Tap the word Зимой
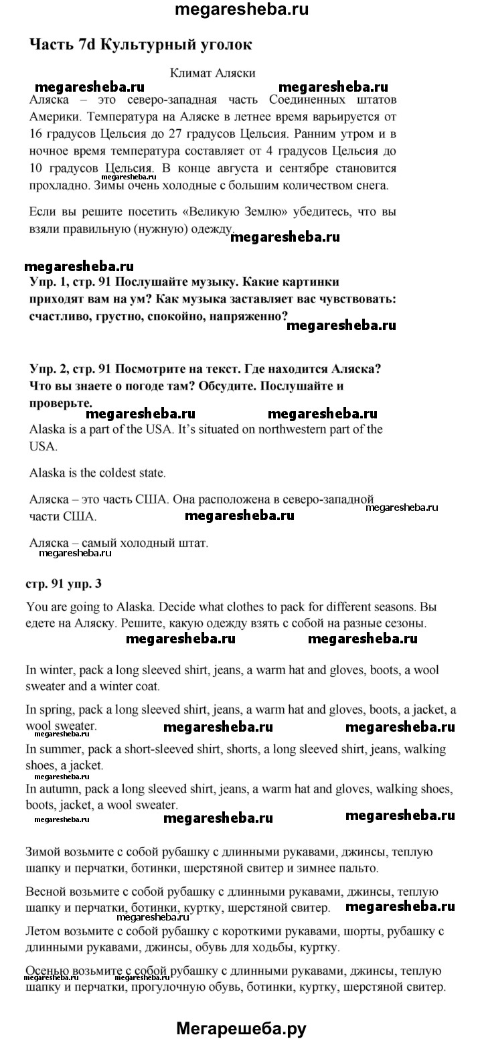click(x=44, y=853)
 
